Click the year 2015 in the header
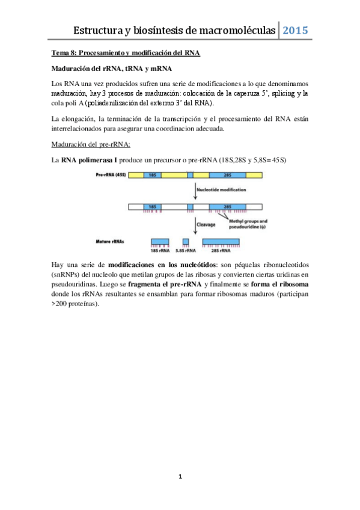[x=296, y=30]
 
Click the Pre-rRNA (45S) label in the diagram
[x=110, y=174]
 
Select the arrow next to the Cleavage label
[x=195, y=226]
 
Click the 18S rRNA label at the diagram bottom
[x=159, y=253]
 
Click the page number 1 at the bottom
[x=180, y=477]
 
